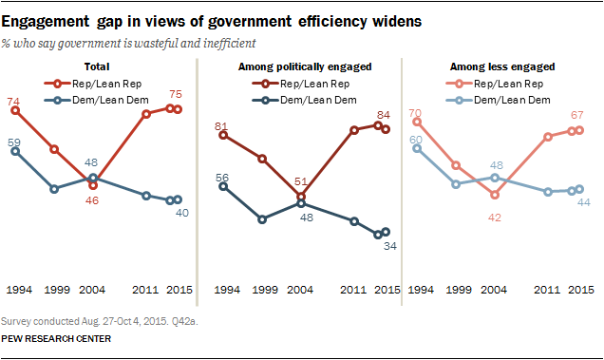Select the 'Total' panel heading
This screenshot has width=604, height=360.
[97, 67]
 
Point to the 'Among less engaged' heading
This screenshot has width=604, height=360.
[501, 67]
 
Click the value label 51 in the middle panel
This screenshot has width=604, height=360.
[299, 182]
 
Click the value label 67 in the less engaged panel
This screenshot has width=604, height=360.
[576, 116]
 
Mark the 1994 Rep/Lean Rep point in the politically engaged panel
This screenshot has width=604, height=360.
[222, 135]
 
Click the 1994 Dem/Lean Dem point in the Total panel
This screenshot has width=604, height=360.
[16, 150]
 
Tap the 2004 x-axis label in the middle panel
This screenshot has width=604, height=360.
[300, 290]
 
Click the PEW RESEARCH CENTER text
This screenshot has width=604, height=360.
[57, 339]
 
